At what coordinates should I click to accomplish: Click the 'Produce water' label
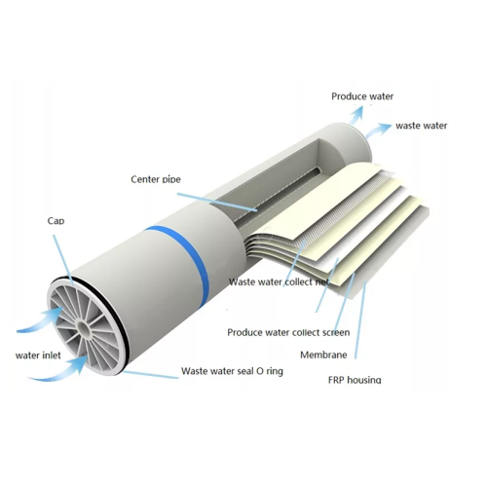click(x=362, y=96)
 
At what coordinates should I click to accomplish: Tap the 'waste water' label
click(x=422, y=126)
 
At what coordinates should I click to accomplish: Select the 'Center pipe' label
click(x=156, y=179)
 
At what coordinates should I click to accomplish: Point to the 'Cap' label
click(x=56, y=221)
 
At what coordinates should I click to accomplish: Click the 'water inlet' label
click(x=38, y=356)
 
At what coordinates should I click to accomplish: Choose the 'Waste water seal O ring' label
click(x=232, y=371)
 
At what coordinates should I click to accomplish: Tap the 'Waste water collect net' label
click(x=279, y=281)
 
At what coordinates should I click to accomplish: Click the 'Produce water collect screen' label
click(x=288, y=332)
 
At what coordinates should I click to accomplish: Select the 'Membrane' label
click(x=323, y=355)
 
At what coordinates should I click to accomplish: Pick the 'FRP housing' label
click(x=355, y=380)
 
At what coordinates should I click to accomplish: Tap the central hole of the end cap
click(x=84, y=329)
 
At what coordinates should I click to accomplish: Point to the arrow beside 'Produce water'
click(x=356, y=115)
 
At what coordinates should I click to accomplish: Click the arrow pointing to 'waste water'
click(x=378, y=131)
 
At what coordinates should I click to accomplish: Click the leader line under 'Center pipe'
click(x=217, y=202)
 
